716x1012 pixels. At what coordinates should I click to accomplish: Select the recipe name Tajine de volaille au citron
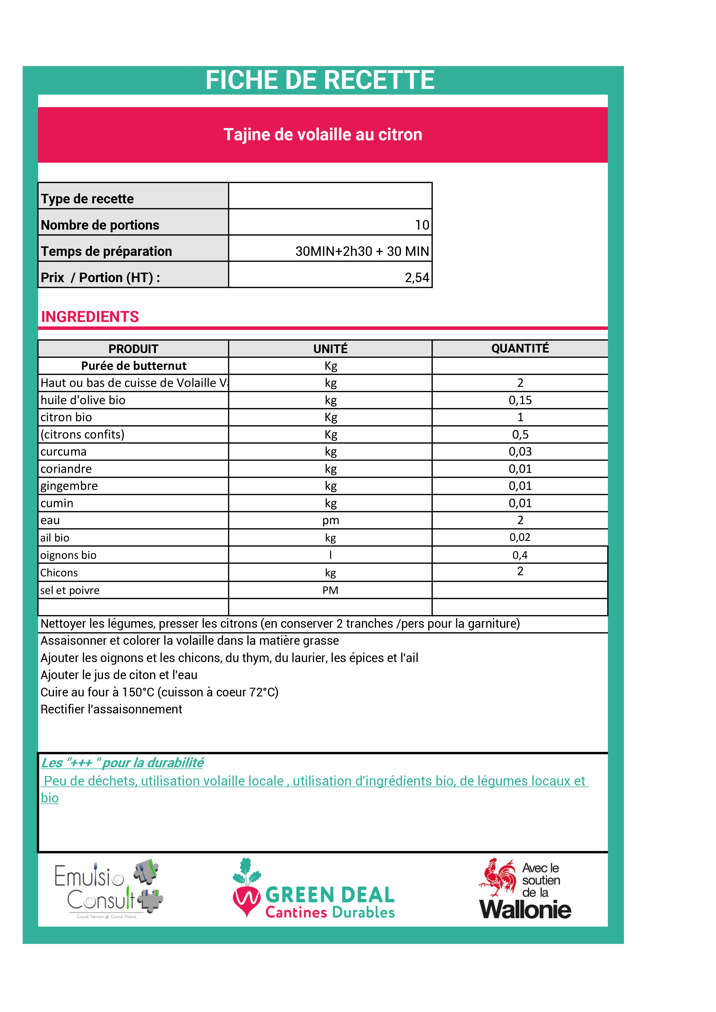pyautogui.click(x=323, y=134)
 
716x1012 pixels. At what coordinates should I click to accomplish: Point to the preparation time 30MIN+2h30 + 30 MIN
pyautogui.click(x=362, y=251)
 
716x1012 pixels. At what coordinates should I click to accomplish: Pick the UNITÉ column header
pyautogui.click(x=330, y=349)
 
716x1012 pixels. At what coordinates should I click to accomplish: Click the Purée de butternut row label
pyautogui.click(x=134, y=366)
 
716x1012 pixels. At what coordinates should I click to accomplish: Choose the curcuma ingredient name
pyautogui.click(x=63, y=452)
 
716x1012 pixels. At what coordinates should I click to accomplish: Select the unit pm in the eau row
pyautogui.click(x=330, y=520)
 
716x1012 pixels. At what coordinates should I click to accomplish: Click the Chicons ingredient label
pyautogui.click(x=59, y=573)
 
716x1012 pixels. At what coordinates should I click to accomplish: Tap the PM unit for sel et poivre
pyautogui.click(x=330, y=590)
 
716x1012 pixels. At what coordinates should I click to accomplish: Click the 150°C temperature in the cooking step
pyautogui.click(x=138, y=692)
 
